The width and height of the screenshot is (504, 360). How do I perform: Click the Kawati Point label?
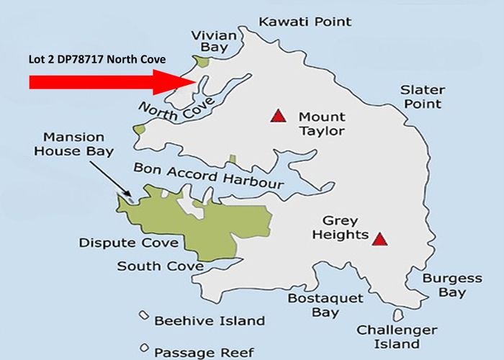click(x=305, y=22)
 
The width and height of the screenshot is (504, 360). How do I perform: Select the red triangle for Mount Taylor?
click(x=277, y=115)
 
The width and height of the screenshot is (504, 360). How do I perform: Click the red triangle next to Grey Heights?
click(x=380, y=238)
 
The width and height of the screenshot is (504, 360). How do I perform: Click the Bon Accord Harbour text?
click(x=208, y=177)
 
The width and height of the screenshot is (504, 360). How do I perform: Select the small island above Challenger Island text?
click(x=399, y=315)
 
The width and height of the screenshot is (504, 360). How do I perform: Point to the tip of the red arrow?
click(x=195, y=82)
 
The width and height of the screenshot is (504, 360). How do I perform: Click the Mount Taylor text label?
click(x=321, y=124)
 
